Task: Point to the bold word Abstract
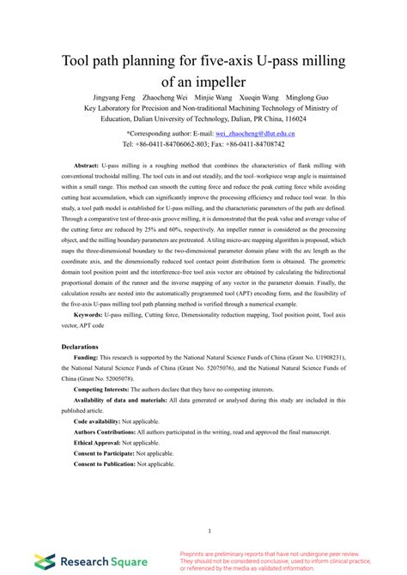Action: point(88,164)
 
